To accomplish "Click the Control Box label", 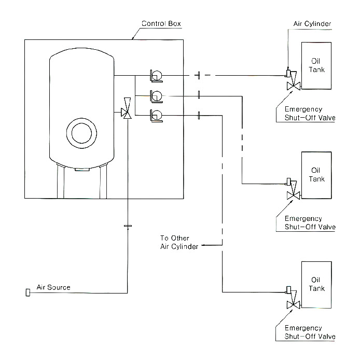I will (x=161, y=24).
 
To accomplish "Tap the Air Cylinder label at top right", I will (x=311, y=24).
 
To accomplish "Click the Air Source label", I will (x=53, y=287).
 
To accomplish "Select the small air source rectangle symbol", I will (x=27, y=293).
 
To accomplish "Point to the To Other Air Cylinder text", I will (x=179, y=242).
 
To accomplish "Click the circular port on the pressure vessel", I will (x=82, y=132).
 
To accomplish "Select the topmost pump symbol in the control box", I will (x=156, y=76).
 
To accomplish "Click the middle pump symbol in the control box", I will (x=156, y=96).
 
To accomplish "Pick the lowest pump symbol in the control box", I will (x=156, y=115).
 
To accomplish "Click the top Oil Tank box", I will (x=315, y=66).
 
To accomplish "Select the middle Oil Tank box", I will (x=315, y=175).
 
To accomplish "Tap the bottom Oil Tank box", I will (x=315, y=285).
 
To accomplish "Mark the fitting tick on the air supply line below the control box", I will (x=128, y=226).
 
